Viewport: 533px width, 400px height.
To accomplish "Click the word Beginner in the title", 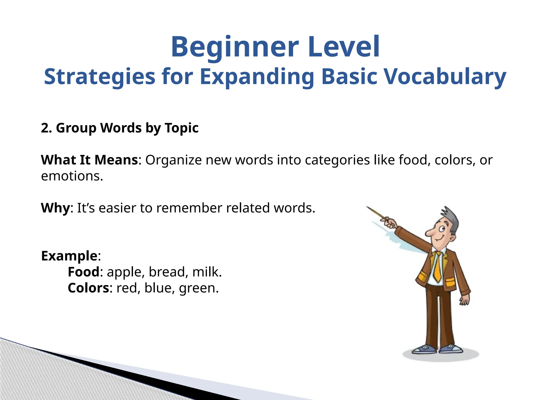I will tap(234, 47).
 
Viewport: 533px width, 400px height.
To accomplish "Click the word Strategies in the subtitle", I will tap(99, 77).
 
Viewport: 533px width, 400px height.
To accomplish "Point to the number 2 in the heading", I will tap(45, 128).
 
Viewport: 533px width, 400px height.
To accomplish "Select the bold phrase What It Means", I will tap(89, 160).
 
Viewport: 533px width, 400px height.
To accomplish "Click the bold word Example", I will tap(69, 256).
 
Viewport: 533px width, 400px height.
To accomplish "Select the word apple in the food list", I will tap(124, 272).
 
